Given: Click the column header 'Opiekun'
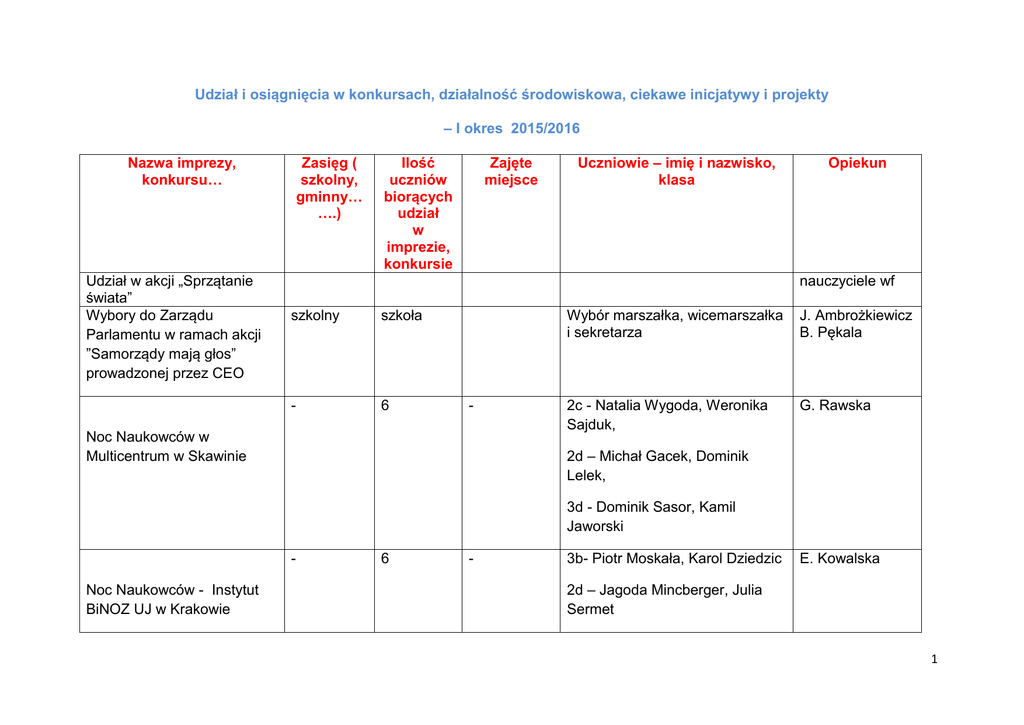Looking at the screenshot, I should tap(857, 163).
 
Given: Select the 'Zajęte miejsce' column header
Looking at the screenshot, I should tap(511, 171).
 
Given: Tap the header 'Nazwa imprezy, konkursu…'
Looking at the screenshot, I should tap(182, 171).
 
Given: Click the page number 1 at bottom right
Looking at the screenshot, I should tap(933, 658).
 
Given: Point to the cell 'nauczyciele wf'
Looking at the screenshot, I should tap(847, 281).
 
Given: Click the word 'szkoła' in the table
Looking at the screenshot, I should tap(402, 315).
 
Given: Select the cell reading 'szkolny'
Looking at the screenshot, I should tap(315, 315).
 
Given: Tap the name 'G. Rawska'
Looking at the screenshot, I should tap(835, 405).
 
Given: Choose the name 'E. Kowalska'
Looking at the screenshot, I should tap(840, 558).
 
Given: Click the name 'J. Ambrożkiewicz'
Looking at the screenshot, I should tap(856, 315).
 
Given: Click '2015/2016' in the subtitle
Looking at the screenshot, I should tap(545, 128).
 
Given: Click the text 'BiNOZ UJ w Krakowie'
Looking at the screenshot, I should tap(158, 609).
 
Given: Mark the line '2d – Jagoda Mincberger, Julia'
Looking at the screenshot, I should tap(664, 590).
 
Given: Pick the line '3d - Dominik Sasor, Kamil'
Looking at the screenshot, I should tap(651, 507).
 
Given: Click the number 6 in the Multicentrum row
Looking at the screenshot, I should tap(385, 405).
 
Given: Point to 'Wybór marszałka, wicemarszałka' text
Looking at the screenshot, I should tap(675, 315).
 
